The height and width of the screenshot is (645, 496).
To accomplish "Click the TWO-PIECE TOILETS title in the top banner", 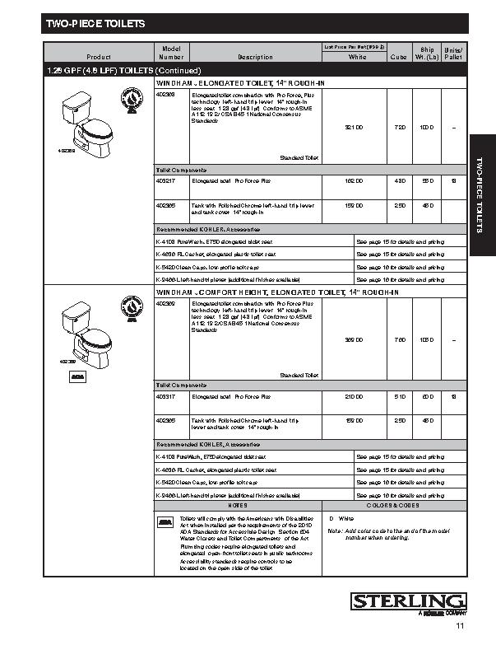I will coord(95,24).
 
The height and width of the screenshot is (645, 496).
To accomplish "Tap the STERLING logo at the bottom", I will coord(409,602).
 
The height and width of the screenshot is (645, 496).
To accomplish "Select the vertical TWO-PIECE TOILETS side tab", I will coord(480,193).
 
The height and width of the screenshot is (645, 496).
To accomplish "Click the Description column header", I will coord(255,58).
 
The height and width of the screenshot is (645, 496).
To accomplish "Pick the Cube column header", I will coord(399,58).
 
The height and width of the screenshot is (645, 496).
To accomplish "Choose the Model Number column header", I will coord(171,54).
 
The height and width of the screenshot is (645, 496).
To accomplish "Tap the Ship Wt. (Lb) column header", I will coord(427,54).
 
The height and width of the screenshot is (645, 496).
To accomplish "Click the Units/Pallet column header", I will coord(453,54).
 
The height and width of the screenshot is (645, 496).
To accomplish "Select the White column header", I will coord(357,58).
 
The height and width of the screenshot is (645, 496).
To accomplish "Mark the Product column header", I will coord(99,58).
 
